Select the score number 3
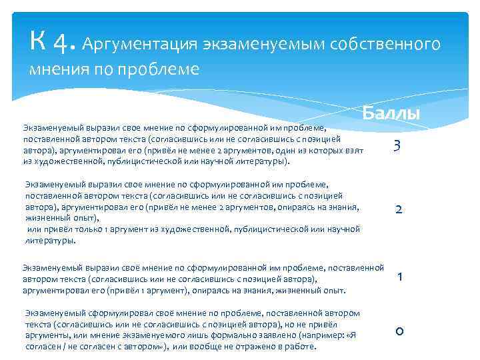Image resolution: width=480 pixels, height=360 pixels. (x=397, y=145)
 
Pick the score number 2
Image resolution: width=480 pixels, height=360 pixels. (x=398, y=209)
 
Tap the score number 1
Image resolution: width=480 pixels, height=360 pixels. (x=399, y=277)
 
